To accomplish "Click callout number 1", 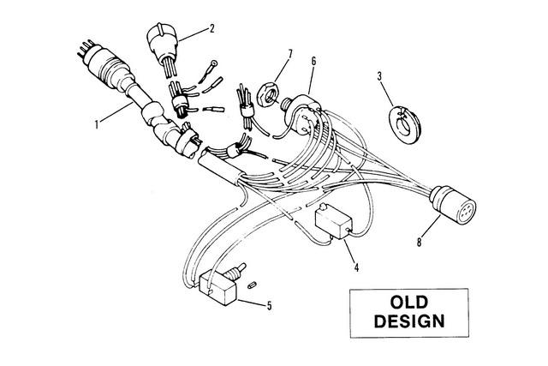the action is point(97,124).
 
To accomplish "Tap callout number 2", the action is point(211,28).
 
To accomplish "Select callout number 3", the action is point(380,76).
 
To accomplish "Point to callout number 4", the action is point(356,267).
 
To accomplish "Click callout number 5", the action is point(269,306).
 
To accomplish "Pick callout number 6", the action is point(313,62).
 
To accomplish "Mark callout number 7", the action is point(290,55).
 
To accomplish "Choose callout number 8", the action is point(420,242).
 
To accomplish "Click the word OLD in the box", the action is point(409,303).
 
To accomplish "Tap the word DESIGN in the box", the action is point(409,321).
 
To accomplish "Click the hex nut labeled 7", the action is point(267,93).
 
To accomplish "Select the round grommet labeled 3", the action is point(404,123).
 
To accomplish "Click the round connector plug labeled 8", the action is point(453,204).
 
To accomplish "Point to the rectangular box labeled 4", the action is point(333,221).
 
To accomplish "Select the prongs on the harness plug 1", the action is point(85,49).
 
